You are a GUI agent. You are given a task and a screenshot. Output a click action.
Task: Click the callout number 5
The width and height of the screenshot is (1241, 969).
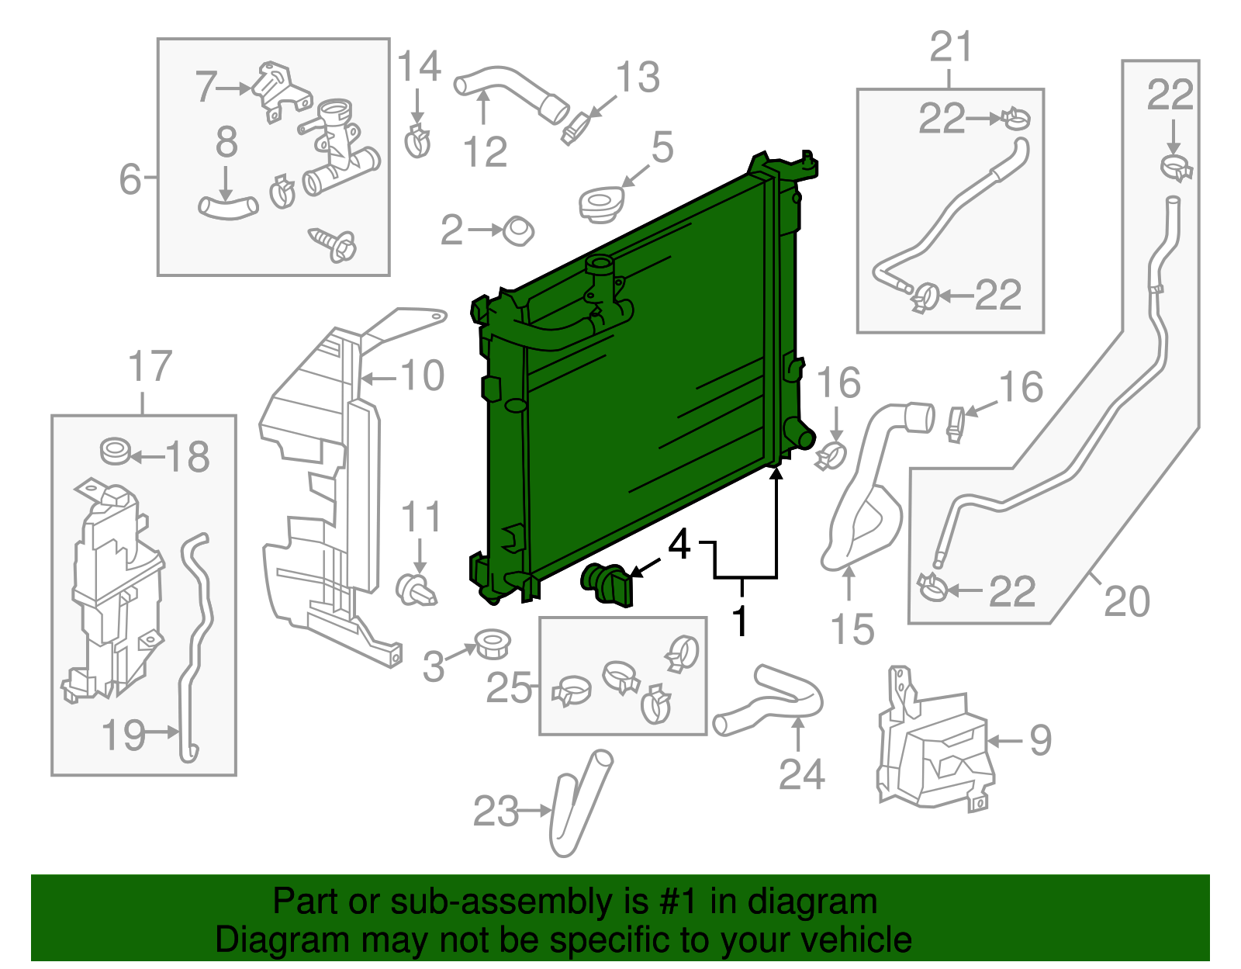point(662,147)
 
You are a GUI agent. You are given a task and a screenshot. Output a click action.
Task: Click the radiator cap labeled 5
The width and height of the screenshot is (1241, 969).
point(600,204)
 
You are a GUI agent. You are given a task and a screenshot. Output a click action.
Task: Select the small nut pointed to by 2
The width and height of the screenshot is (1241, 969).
point(518,231)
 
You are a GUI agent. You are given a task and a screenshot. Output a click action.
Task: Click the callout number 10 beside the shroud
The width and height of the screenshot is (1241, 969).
point(423,376)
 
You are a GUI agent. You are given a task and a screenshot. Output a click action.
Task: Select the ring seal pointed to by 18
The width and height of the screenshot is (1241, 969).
point(116,451)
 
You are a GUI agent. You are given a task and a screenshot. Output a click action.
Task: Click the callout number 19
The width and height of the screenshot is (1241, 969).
point(123,733)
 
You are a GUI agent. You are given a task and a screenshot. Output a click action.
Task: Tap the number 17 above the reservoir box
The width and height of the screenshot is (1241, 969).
point(150,366)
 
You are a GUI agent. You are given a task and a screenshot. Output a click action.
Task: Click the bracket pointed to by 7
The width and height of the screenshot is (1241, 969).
point(279,92)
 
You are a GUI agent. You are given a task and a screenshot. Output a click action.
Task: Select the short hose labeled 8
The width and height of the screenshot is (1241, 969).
point(227,207)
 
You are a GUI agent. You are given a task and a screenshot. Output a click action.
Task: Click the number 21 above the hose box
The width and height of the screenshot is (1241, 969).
point(951,48)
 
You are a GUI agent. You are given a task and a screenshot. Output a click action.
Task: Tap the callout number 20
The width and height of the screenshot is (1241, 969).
point(1126,601)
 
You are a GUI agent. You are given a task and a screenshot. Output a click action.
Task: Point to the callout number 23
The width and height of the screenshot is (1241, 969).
point(496,812)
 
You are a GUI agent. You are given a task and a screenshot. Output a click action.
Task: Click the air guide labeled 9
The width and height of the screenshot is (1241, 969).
point(931,745)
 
